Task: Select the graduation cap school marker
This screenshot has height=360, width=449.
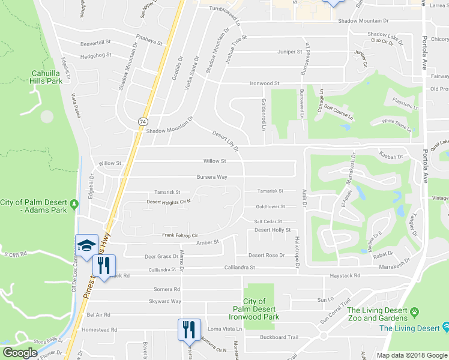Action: pyautogui.click(x=86, y=245)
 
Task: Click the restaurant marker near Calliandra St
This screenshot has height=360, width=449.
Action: pyautogui.click(x=104, y=266)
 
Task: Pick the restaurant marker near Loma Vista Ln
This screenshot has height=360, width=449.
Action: pyautogui.click(x=188, y=329)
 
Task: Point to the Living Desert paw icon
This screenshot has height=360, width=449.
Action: pyautogui.click(x=414, y=311)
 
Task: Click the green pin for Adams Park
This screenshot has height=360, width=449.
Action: pyautogui.click(x=74, y=205)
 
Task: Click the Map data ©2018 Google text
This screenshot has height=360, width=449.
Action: pyautogui.click(x=412, y=355)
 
